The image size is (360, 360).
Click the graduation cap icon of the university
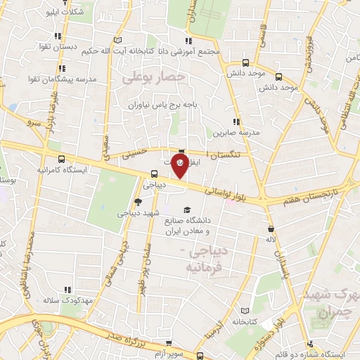(x=186, y=210)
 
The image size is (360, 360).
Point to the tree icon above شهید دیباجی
(x=146, y=202)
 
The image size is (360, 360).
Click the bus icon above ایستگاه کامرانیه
(x=62, y=160)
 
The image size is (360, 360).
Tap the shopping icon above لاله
(x=271, y=229)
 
